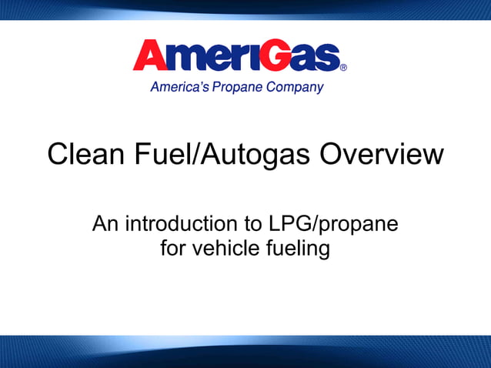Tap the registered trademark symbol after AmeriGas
(x=343, y=68)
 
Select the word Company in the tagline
(x=295, y=88)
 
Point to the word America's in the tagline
(x=179, y=88)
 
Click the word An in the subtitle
(x=105, y=224)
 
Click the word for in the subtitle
(x=174, y=248)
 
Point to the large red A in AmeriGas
(x=154, y=55)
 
